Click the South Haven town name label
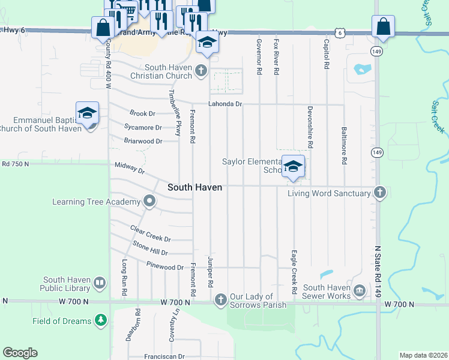point(194,187)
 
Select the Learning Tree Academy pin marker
point(149,202)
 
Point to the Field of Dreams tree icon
point(101,321)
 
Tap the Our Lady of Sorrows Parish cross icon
point(220,299)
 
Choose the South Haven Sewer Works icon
point(359,292)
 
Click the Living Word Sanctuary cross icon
point(379,193)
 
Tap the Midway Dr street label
point(130,168)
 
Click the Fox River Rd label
point(276,57)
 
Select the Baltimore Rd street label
point(345,145)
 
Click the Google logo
point(20,353)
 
